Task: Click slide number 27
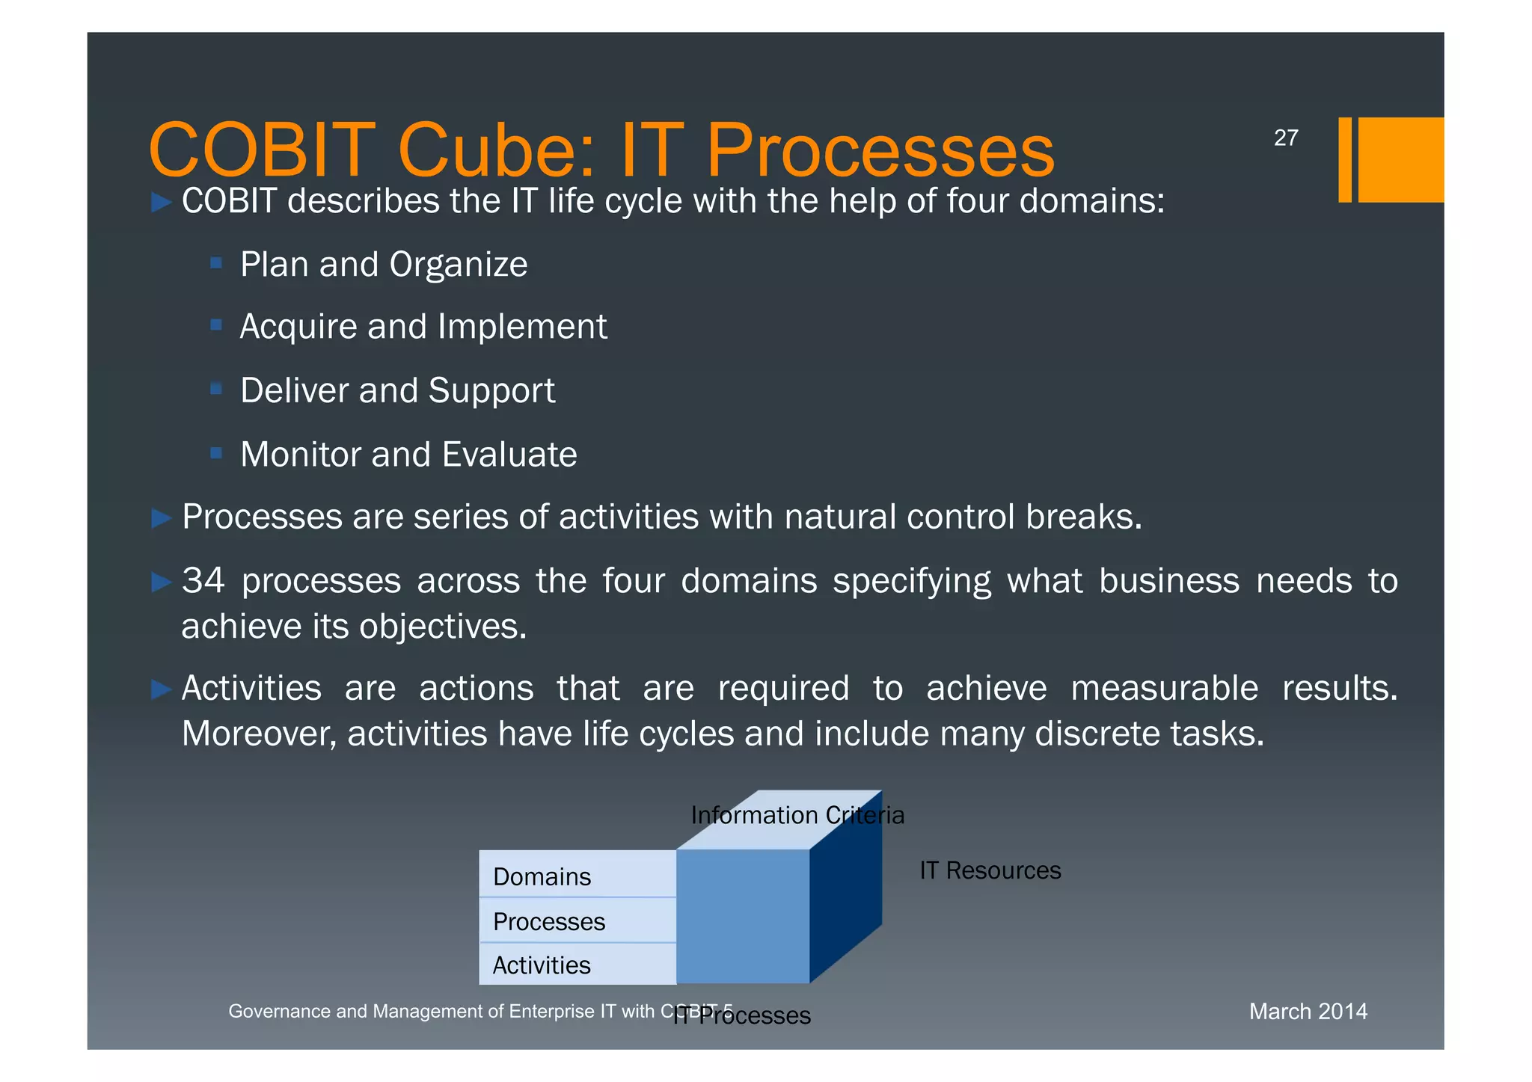click(x=1285, y=138)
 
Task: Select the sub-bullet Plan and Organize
click(x=383, y=265)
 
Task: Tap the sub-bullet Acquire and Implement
click(x=423, y=327)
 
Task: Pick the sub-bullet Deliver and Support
click(x=397, y=390)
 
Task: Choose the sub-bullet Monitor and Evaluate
click(x=408, y=455)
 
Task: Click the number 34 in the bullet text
click(x=203, y=581)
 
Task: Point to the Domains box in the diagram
click(x=577, y=875)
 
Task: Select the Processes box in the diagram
click(x=577, y=920)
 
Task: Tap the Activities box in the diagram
click(x=577, y=965)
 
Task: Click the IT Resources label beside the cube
click(x=990, y=870)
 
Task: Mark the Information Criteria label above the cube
click(x=797, y=815)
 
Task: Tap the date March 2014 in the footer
click(x=1308, y=1011)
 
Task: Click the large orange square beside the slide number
click(x=1400, y=159)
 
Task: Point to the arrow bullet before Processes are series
click(x=162, y=517)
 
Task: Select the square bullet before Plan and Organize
click(x=216, y=262)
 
